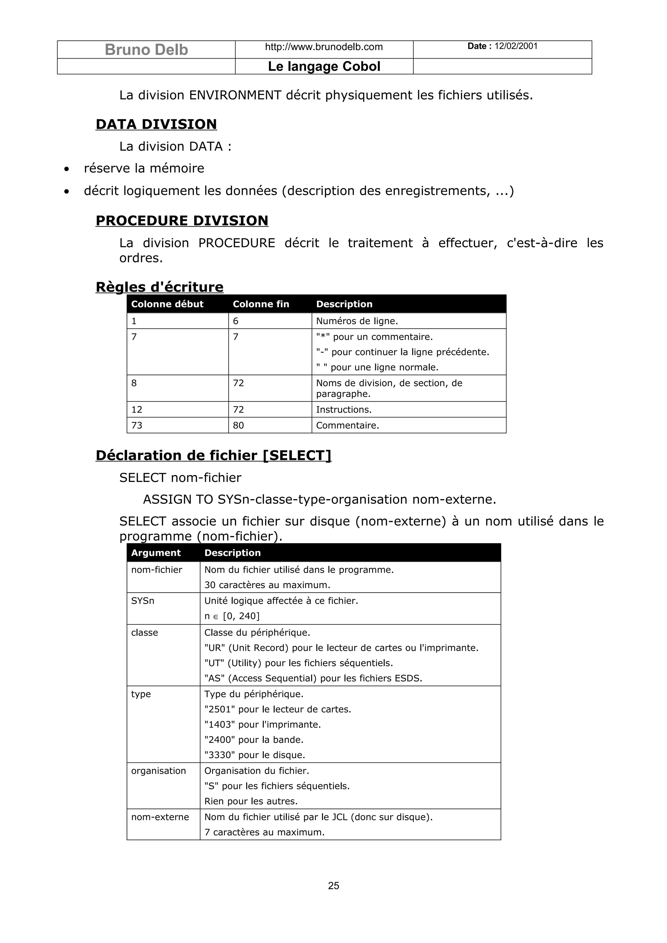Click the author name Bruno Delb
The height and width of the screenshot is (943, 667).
click(146, 50)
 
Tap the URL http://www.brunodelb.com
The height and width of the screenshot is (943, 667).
click(324, 47)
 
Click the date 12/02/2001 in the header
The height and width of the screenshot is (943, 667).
click(516, 46)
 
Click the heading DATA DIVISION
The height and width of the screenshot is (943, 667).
click(156, 124)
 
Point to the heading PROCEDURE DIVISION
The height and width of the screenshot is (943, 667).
click(182, 221)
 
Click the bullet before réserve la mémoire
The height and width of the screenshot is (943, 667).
click(66, 169)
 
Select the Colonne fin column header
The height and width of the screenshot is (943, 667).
click(261, 304)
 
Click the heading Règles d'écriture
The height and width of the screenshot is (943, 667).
click(160, 287)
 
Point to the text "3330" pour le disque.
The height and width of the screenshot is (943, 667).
click(254, 755)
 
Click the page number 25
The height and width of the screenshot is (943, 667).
click(333, 885)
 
